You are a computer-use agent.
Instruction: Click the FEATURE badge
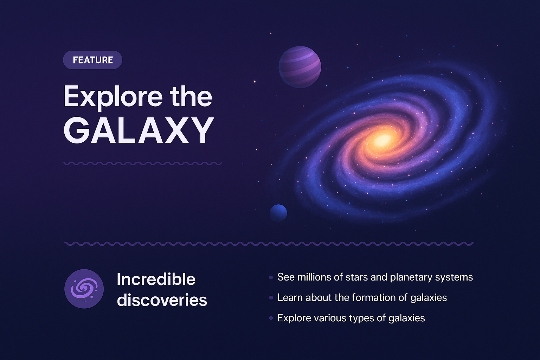[x=92, y=60]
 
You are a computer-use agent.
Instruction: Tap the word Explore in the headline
[x=112, y=97]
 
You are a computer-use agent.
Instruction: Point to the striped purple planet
[x=300, y=67]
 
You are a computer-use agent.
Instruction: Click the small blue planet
[x=278, y=213]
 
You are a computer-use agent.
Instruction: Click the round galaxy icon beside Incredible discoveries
[x=84, y=289]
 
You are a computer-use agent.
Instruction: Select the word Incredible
[x=156, y=279]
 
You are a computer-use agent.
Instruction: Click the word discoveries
[x=162, y=300]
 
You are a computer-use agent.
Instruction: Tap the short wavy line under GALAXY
[x=142, y=163]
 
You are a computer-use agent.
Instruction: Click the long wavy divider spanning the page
[x=269, y=243]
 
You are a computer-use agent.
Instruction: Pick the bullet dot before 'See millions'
[x=271, y=277]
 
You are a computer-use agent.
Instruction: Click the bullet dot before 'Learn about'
[x=271, y=298]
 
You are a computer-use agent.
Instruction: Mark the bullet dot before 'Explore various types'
[x=271, y=318]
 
